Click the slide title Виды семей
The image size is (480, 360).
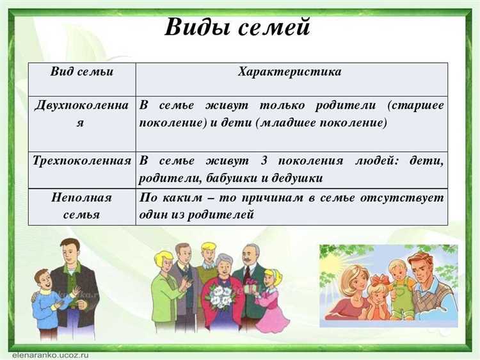237,28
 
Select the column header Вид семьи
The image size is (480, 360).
81,72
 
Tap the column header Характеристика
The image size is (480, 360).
289,72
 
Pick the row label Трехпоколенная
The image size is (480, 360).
81,160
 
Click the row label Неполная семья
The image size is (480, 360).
81,206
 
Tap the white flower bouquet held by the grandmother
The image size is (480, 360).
220,295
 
